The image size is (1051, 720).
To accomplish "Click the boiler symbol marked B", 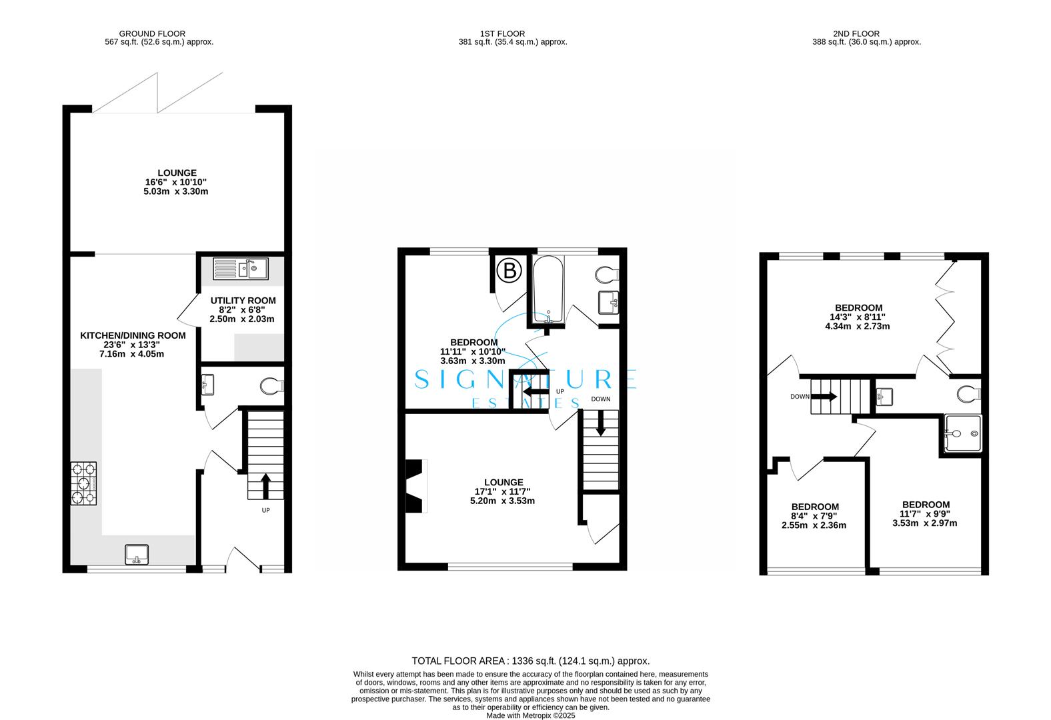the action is click(509, 271).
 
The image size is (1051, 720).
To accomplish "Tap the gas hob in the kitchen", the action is click(84, 483).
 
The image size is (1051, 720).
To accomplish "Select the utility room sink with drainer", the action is click(241, 269).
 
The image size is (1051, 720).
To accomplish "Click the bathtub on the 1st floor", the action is click(548, 289).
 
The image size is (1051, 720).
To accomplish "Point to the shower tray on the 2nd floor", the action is click(963, 433).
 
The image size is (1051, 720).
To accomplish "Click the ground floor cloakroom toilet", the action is click(272, 386).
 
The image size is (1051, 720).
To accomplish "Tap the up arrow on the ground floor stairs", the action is click(265, 487).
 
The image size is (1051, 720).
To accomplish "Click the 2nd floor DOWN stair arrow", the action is click(824, 397).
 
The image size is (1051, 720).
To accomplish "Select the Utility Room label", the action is click(243, 301).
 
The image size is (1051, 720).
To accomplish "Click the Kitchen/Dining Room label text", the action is click(133, 335).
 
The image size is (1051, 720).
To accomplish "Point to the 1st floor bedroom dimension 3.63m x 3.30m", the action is click(472, 361).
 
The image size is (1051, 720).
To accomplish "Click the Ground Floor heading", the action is click(152, 34).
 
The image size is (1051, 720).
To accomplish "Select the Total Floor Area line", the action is click(531, 661).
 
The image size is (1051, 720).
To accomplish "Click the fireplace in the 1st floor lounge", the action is click(416, 486).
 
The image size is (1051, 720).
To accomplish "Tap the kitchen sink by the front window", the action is click(137, 554).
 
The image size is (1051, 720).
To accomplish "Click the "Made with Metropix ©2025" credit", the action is click(531, 715).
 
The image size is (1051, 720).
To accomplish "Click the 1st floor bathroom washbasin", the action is click(609, 303).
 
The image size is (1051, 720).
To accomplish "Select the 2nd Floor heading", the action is click(856, 34).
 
